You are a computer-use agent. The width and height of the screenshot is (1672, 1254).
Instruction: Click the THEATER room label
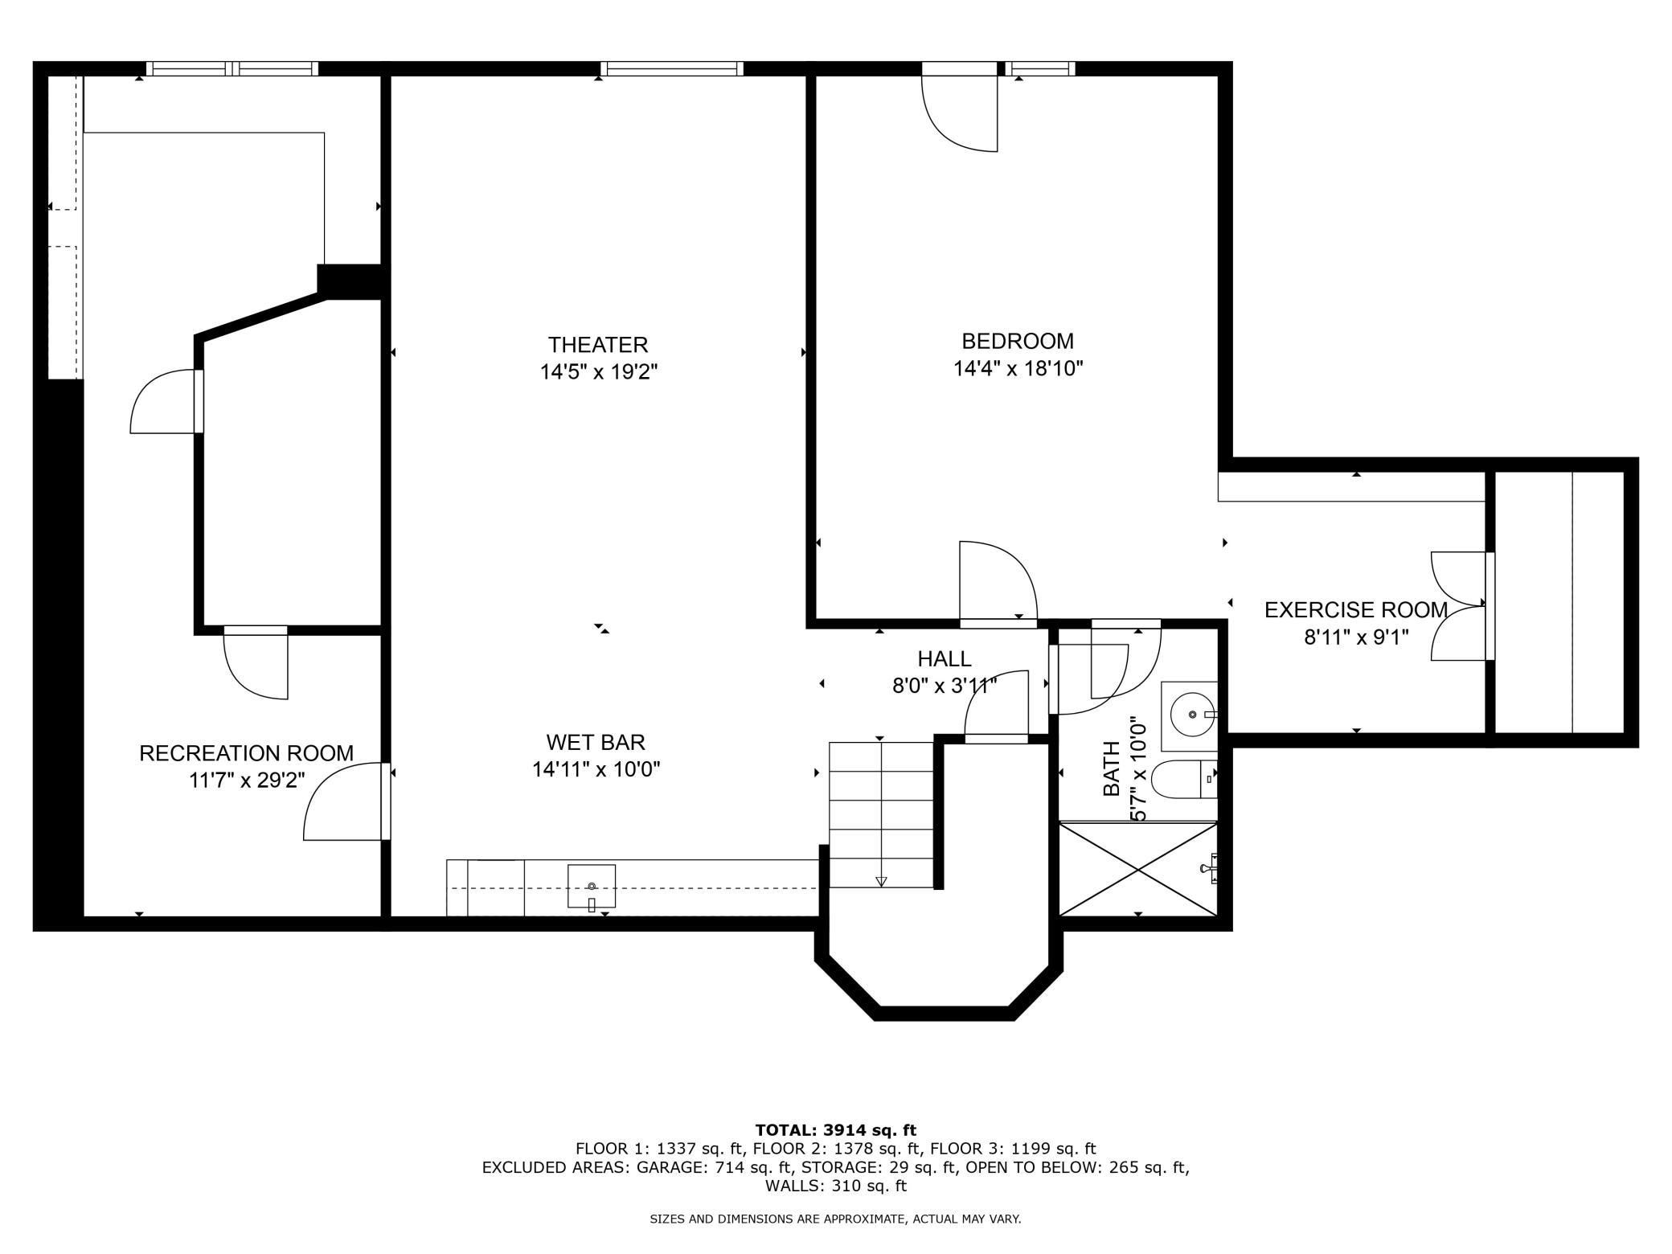[598, 345]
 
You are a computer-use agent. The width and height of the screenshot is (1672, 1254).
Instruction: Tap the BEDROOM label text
[1018, 341]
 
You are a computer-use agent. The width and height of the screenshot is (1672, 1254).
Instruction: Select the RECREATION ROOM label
[246, 753]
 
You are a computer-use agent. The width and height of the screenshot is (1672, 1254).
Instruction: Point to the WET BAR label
[596, 742]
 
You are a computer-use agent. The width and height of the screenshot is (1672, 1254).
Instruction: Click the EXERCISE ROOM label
[1356, 610]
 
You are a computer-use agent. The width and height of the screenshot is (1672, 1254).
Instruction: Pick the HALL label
[945, 659]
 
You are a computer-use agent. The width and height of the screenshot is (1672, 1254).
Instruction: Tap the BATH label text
[1111, 768]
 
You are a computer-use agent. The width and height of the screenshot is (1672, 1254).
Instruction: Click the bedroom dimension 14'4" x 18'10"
[1018, 369]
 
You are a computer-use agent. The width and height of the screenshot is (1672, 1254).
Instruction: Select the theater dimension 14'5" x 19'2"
[599, 372]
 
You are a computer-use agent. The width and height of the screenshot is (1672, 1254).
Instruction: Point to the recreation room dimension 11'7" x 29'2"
[247, 781]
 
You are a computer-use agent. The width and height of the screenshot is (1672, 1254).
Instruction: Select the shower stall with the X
[1138, 868]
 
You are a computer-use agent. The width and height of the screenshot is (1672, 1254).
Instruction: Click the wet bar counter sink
[592, 887]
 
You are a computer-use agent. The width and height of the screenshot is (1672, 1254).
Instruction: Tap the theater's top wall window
[671, 69]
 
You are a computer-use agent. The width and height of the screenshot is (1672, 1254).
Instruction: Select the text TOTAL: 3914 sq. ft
[836, 1130]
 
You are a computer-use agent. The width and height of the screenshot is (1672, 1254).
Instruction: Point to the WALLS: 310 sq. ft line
[836, 1186]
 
